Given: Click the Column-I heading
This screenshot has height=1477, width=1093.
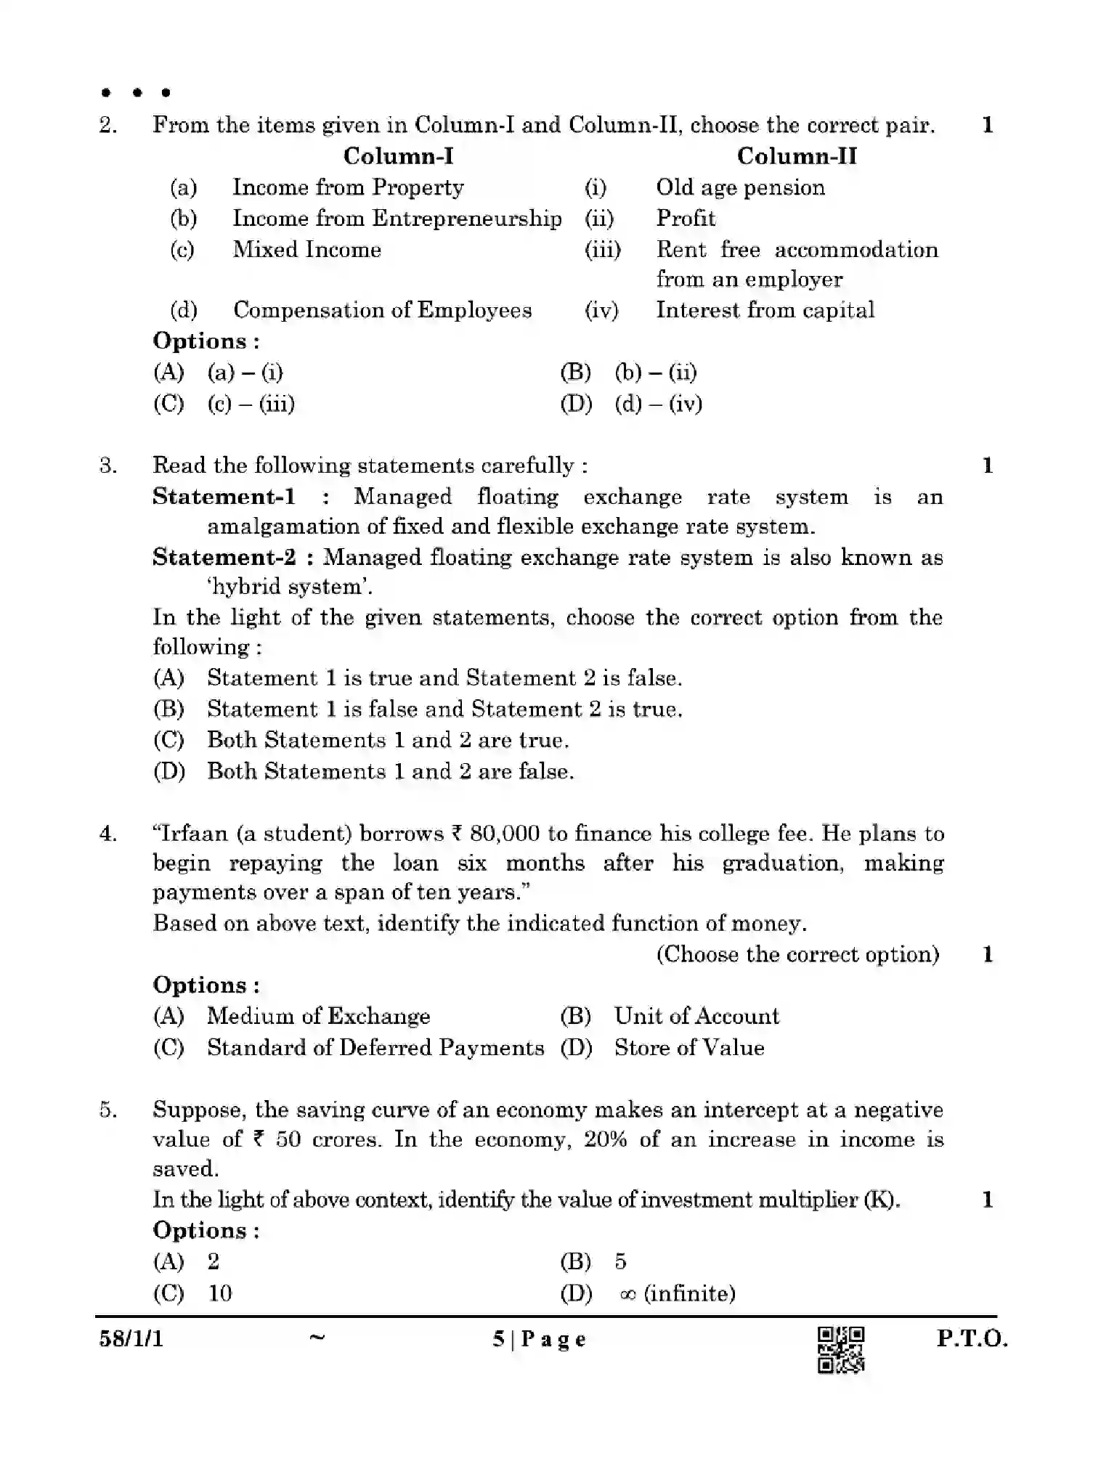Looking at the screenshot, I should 398,155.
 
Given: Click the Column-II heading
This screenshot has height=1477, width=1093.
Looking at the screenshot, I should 797,155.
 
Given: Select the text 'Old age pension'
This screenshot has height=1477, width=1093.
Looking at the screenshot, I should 740,187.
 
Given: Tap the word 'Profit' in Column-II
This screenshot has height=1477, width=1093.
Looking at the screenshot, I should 686,218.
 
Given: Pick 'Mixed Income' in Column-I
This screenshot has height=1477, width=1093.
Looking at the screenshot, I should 306,249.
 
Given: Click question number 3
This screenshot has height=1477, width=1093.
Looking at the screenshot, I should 108,465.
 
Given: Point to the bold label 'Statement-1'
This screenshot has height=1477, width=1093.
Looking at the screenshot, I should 224,497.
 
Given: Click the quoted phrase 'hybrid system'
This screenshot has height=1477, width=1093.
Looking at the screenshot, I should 288,587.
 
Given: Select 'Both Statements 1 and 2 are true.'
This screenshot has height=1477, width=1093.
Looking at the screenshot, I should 388,740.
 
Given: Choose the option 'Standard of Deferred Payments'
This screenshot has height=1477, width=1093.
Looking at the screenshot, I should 375,1047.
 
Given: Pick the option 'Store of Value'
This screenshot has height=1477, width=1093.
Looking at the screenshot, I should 688,1047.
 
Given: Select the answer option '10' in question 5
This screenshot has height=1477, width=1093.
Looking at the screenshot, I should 219,1293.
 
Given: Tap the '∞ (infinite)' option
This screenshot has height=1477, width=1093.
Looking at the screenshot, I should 677,1293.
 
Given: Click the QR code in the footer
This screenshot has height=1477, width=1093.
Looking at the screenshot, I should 841,1350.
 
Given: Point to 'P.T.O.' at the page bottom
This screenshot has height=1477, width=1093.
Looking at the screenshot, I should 972,1338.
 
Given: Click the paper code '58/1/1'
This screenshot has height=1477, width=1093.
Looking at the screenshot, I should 131,1338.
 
